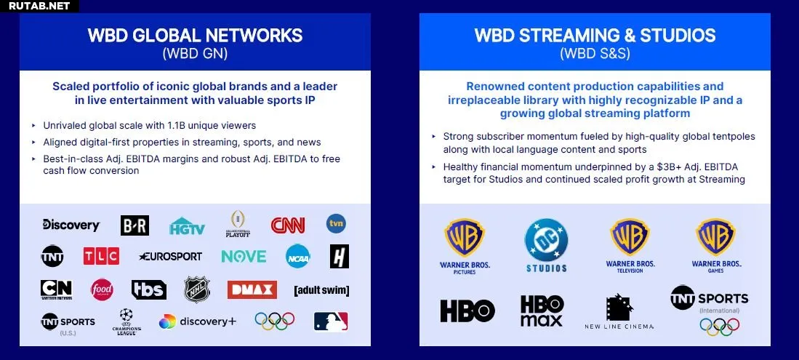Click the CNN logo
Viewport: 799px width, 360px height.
[x=288, y=225]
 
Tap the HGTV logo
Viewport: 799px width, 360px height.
[x=187, y=226]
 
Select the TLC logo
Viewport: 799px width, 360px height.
[x=101, y=256]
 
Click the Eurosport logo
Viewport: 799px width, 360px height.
[x=170, y=257]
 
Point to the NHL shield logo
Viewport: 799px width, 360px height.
[x=197, y=289]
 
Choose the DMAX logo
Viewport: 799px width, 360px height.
[x=252, y=289]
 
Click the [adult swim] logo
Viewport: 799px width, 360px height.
[x=321, y=291]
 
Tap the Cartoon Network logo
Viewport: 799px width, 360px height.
[x=56, y=289]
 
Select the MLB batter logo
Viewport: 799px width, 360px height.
[x=331, y=321]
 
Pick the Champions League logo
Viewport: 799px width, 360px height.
[x=127, y=321]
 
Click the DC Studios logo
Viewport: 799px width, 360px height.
[x=546, y=245]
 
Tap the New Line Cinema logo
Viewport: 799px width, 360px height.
[x=619, y=311]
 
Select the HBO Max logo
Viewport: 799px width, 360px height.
[x=542, y=311]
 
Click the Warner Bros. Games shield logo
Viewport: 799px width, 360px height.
[x=716, y=238]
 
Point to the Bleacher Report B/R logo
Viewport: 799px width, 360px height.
[x=135, y=225]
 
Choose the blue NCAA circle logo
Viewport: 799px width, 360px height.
[x=298, y=256]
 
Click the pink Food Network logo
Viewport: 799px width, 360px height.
[x=102, y=289]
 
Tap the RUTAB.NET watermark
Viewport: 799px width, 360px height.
[x=39, y=6]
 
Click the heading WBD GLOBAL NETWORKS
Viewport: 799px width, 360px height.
[x=195, y=35]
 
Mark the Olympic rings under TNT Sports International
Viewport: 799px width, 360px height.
[x=720, y=327]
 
